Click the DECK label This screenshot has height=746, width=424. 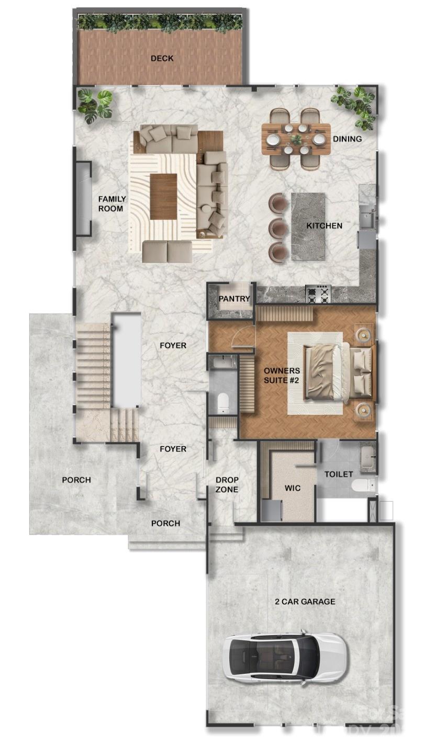point(162,58)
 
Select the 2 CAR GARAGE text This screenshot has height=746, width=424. point(305,602)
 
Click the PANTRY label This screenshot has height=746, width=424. point(234,299)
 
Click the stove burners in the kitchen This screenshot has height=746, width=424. point(318,294)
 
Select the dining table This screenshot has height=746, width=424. point(296,139)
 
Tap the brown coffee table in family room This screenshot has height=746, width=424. point(163,197)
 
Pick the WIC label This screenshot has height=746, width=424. point(293,488)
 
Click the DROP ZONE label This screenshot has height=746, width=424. point(227,485)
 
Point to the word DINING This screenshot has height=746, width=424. point(347,139)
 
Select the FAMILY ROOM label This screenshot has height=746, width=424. point(111,204)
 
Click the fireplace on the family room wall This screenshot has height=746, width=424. point(83,198)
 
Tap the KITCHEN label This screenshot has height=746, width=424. point(324,226)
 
